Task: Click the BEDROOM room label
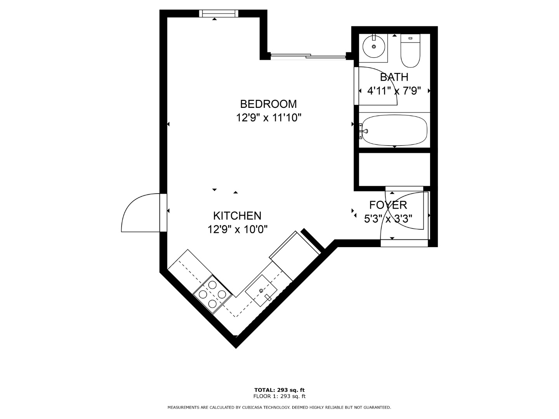pos(268,104)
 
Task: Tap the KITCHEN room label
pos(237,216)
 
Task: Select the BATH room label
pos(394,77)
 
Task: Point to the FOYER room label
pos(388,205)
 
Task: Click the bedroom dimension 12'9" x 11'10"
pos(269,118)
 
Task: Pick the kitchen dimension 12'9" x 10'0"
pos(237,229)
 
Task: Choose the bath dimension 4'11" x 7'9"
pos(394,91)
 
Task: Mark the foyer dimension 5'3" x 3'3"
pos(388,218)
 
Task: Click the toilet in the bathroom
pos(410,50)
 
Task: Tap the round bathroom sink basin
pos(373,47)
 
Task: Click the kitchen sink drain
pos(261,291)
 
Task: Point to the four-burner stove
pos(212,294)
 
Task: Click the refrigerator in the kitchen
pos(294,256)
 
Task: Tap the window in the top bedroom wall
pos(219,13)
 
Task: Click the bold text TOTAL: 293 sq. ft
pos(279,390)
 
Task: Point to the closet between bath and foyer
pos(394,170)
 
